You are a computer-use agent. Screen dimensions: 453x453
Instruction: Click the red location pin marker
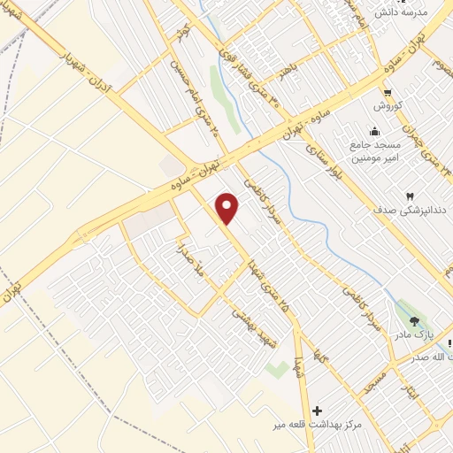[228, 209]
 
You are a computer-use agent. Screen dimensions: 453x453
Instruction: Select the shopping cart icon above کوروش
[388, 91]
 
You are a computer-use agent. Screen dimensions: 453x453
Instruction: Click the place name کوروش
[388, 105]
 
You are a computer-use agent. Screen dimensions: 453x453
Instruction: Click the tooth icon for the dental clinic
[409, 196]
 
